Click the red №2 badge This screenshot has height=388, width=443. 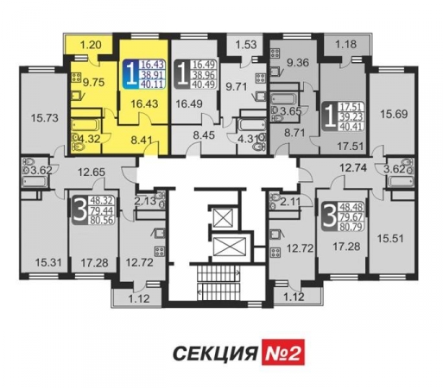click(x=283, y=352)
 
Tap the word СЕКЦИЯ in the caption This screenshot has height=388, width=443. click(x=215, y=353)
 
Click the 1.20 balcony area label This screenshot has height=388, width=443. click(x=91, y=45)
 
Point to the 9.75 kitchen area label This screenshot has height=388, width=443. click(x=93, y=83)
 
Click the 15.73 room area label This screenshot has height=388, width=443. click(x=45, y=118)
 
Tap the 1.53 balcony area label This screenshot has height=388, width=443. click(x=246, y=45)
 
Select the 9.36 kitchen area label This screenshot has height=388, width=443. click(x=298, y=63)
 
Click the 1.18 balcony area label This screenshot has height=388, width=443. click(x=346, y=44)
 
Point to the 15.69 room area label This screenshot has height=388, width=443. click(x=394, y=114)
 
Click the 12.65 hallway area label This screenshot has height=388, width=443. click(x=92, y=172)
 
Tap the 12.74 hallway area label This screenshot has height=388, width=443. click(x=353, y=167)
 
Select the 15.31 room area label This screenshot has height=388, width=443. click(x=48, y=262)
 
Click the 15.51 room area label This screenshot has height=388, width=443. click(x=390, y=239)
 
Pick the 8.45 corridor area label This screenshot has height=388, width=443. click(x=204, y=135)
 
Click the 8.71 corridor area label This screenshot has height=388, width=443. click(x=294, y=133)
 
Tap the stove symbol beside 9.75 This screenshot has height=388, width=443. click(x=76, y=78)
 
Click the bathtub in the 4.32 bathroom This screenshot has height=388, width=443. click(x=85, y=126)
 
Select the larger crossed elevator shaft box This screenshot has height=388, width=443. click(x=230, y=247)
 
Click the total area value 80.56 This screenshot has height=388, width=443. click(x=102, y=220)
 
